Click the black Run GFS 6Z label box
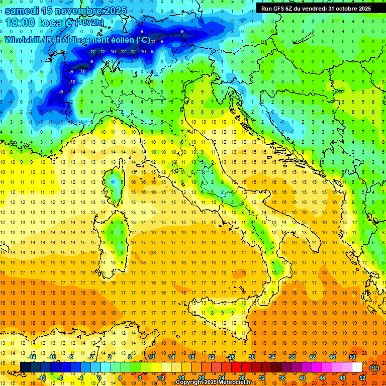point(316,9)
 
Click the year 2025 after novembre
point(114,11)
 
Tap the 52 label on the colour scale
point(362,378)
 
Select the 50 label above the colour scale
point(352,357)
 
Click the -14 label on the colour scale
point(33,357)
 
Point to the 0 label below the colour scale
point(100,378)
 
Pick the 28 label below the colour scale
point(242,378)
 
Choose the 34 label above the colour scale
point(272,357)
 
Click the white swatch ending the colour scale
point(357,367)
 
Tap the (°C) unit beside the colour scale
point(374,368)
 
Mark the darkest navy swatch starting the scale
point(25,367)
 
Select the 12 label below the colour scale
point(161,378)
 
